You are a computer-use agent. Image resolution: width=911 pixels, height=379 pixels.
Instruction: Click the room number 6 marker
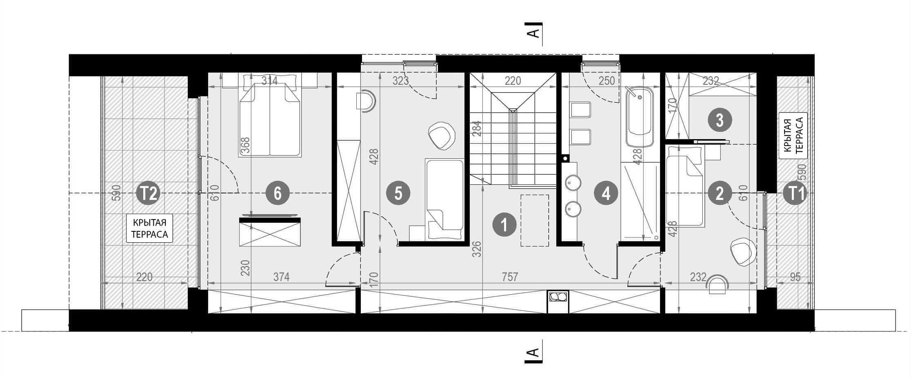pos(278,193)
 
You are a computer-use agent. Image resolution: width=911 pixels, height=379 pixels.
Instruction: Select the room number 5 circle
pos(398,193)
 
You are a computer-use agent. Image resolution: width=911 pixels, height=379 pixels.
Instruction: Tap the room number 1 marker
pos(504,225)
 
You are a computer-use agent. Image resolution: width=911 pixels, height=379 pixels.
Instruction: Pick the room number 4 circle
pos(606,193)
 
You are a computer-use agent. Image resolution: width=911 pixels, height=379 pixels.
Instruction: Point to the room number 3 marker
pos(720,120)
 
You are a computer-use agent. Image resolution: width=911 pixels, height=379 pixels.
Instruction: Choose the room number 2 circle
pos(720,193)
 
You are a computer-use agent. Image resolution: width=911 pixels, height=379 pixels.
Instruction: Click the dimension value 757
pos(510,277)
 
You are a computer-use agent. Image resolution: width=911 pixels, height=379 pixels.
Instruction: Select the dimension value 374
pos(281,277)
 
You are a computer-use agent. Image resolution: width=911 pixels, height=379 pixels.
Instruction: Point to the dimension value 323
pos(400,81)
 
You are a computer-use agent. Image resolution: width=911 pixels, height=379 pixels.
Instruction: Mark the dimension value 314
pos(269,81)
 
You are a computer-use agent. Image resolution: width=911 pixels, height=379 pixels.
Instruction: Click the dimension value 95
pos(795,277)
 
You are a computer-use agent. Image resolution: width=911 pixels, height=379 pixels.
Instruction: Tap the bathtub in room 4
pos(639,117)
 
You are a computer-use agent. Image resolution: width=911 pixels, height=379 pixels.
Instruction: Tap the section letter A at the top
pos(533,33)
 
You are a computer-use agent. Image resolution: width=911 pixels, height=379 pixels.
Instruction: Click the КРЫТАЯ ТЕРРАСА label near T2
pos(149,228)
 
